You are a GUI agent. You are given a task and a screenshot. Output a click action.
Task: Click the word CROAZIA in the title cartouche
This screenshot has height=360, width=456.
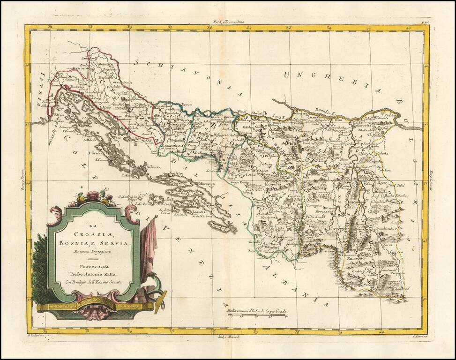tap(95, 235)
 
